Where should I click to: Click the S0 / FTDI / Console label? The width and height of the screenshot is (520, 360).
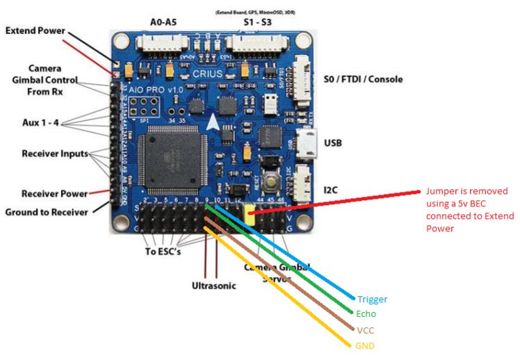pos(363,79)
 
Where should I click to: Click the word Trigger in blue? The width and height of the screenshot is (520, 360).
pos(371,300)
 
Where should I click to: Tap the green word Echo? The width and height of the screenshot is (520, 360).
pos(366,314)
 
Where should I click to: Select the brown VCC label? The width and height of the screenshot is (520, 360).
pos(364,331)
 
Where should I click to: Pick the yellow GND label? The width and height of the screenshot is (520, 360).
pos(366,345)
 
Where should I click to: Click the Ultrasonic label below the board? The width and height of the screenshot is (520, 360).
pos(213,285)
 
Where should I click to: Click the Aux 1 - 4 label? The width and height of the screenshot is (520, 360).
pos(41,123)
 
